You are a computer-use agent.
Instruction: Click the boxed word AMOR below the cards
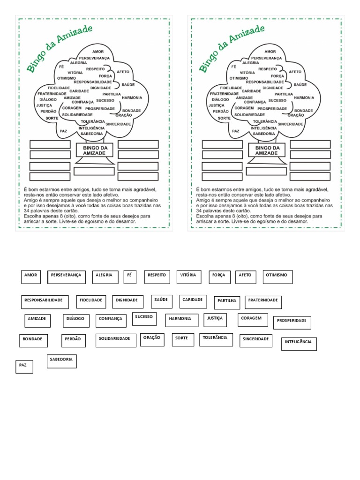tap(31, 277)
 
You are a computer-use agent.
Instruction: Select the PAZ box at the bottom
tap(24, 366)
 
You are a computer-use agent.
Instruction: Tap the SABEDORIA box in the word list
tap(61, 361)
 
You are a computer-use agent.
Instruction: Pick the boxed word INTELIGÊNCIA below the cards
tap(299, 344)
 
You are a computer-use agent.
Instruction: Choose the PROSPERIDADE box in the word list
tap(292, 322)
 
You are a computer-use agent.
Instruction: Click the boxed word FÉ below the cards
tap(130, 277)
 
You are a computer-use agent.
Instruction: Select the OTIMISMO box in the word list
tap(277, 277)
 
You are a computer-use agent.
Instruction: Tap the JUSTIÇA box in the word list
tap(215, 320)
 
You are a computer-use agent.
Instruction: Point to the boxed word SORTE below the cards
tap(182, 339)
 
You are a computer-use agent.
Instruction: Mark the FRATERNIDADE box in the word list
tap(263, 302)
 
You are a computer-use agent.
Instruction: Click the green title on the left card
tap(60, 49)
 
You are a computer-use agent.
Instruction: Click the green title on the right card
tap(232, 49)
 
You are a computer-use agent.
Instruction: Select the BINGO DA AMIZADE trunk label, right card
tap(267, 150)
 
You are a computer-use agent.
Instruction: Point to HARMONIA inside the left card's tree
tap(132, 97)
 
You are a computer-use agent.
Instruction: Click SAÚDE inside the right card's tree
tap(300, 85)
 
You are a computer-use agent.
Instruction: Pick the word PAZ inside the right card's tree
tap(236, 131)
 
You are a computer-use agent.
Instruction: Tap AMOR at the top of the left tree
tap(98, 52)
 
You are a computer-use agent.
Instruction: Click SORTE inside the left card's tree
tap(52, 118)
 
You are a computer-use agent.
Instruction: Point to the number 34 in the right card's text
tap(200, 211)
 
